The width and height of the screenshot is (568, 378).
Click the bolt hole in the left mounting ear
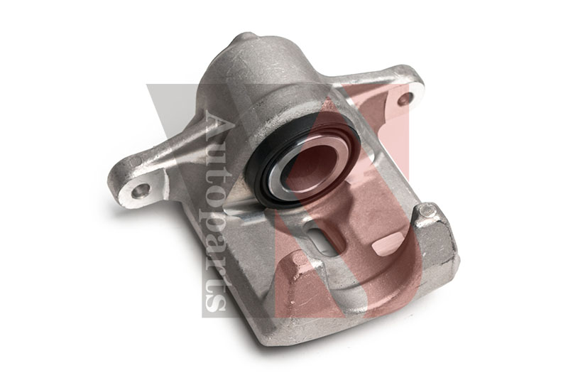[x=141, y=190]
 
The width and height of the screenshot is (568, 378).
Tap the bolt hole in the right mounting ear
[x=405, y=99]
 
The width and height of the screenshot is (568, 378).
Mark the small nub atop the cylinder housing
[x=244, y=38]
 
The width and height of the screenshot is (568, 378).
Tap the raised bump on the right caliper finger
[x=426, y=211]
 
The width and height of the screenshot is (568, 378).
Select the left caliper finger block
[x=298, y=284]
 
